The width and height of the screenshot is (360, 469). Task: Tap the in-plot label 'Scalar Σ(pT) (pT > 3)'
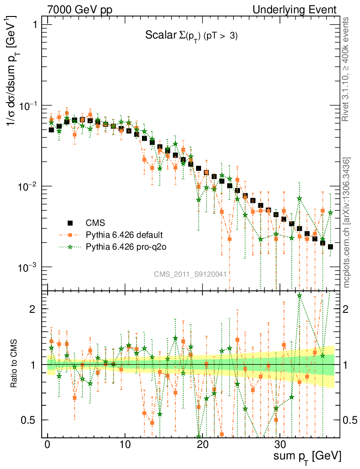pos(191,36)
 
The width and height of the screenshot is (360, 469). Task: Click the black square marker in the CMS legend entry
pos(71,223)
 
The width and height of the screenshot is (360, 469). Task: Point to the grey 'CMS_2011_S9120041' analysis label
pos(190,274)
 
